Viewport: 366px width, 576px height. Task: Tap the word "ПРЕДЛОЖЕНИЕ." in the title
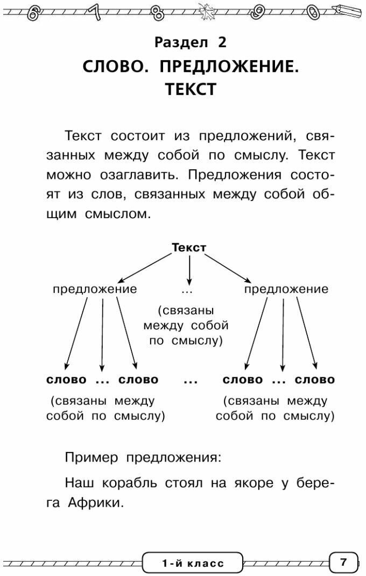(x=229, y=67)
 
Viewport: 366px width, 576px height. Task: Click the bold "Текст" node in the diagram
(x=189, y=248)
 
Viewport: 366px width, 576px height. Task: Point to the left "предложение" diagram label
(x=95, y=289)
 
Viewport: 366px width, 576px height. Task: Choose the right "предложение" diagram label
(x=286, y=289)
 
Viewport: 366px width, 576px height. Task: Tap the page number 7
(x=343, y=563)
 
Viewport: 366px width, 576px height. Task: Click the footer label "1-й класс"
(x=193, y=564)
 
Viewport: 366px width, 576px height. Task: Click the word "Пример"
(x=92, y=458)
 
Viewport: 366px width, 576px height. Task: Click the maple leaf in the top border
(x=205, y=11)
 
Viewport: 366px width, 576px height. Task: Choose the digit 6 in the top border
(x=33, y=12)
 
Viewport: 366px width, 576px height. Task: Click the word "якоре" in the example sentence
(x=261, y=483)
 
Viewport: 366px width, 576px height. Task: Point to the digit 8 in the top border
(x=158, y=12)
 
